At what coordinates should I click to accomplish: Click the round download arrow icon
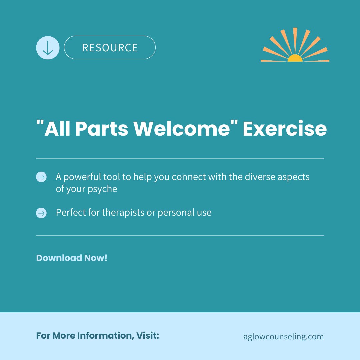[48, 48]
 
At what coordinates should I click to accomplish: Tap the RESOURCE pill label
[110, 48]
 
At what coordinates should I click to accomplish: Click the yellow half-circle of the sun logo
[295, 59]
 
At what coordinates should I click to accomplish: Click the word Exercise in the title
[284, 129]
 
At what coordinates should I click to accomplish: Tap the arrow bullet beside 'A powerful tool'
[41, 177]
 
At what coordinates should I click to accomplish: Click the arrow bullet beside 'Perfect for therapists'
[41, 213]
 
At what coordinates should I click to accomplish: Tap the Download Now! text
[72, 258]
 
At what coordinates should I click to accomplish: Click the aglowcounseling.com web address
[284, 336]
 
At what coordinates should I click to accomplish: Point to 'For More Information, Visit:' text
[97, 336]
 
